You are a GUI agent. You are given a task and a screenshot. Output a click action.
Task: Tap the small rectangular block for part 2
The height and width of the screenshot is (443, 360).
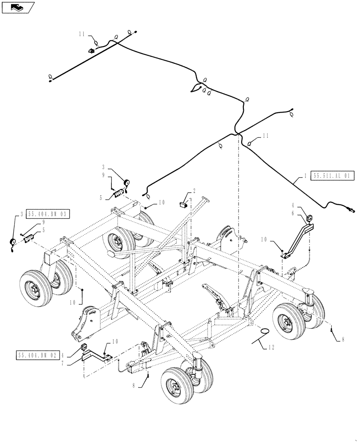click(x=182, y=204)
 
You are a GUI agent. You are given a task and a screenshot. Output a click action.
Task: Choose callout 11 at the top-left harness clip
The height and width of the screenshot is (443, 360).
click(x=82, y=34)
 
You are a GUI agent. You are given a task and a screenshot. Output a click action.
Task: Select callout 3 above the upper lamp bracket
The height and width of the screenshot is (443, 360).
click(x=104, y=168)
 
